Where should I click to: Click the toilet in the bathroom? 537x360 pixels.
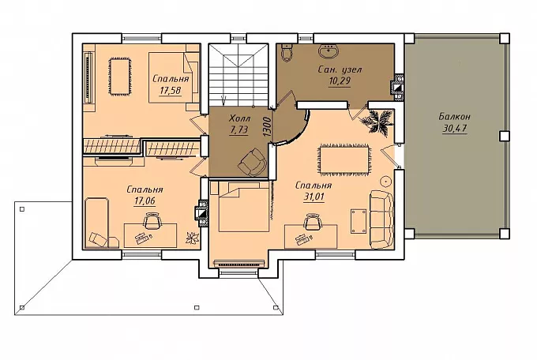286,52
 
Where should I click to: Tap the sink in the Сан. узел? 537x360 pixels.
329,51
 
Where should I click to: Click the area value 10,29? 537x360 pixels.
340,81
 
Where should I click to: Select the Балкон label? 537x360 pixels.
454,117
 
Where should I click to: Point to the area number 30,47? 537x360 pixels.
455,129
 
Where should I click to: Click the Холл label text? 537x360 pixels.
239,119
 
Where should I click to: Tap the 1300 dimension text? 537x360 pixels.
268,128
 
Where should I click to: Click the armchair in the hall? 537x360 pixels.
253,162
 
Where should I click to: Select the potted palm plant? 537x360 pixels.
377,121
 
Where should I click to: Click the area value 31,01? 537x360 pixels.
314,197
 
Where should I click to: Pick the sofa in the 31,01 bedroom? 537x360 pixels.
382,219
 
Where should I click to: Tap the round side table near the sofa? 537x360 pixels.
386,180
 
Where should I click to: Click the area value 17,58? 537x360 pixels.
171,91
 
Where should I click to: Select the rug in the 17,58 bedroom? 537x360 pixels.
119,77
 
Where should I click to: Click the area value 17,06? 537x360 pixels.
145,201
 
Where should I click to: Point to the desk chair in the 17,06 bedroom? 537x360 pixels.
152,221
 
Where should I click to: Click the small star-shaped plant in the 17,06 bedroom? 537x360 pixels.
193,238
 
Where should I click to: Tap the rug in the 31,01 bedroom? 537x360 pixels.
344,160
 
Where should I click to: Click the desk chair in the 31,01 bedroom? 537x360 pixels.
313,221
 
